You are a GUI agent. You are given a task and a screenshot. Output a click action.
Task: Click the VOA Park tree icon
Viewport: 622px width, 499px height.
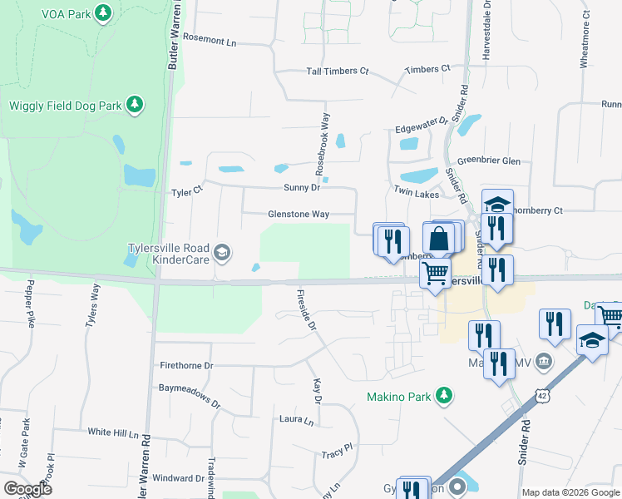(103, 13)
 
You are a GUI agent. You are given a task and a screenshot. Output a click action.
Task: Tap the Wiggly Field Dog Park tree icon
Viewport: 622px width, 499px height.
(135, 105)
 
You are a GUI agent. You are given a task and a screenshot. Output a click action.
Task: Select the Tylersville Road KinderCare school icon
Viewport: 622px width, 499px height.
(221, 251)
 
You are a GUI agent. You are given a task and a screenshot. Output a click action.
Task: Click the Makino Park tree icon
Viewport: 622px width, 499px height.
(445, 396)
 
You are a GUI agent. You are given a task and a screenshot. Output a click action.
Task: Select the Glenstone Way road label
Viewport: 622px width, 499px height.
(299, 214)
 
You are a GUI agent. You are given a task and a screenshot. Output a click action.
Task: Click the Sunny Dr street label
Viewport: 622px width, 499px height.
(302, 188)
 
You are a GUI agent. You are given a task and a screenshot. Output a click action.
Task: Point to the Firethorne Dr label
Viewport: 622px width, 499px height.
(186, 365)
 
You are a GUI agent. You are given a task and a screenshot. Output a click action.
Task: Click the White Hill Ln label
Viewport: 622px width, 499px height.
(113, 432)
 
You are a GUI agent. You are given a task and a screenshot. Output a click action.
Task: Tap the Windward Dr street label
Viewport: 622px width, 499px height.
(178, 478)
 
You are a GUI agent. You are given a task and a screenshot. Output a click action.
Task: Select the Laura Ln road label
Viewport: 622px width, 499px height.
(296, 420)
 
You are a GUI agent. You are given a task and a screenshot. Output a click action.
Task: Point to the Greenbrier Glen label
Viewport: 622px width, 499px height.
(488, 161)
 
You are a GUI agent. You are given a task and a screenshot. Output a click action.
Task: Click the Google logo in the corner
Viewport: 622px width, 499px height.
(27, 488)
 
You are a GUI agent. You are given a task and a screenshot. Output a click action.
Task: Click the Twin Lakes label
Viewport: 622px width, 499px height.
(416, 192)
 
